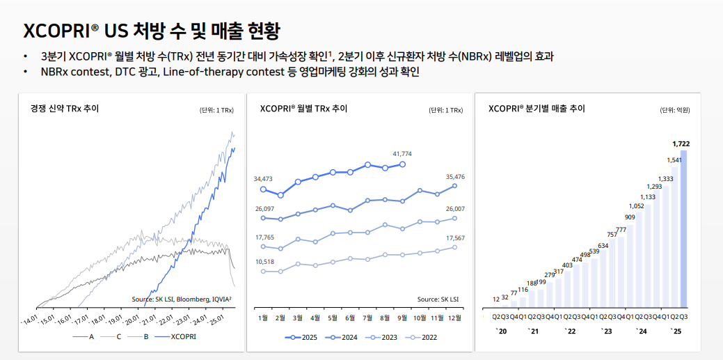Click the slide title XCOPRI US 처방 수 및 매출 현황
(x=152, y=31)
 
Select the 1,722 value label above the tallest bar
(x=681, y=143)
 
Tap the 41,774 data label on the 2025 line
(x=402, y=153)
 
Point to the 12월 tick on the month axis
(x=454, y=318)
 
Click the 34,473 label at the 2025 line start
(x=262, y=179)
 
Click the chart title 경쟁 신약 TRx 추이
(x=65, y=109)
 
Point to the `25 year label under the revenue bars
(x=675, y=331)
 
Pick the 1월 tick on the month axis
(x=263, y=318)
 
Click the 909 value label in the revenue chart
(x=629, y=217)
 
